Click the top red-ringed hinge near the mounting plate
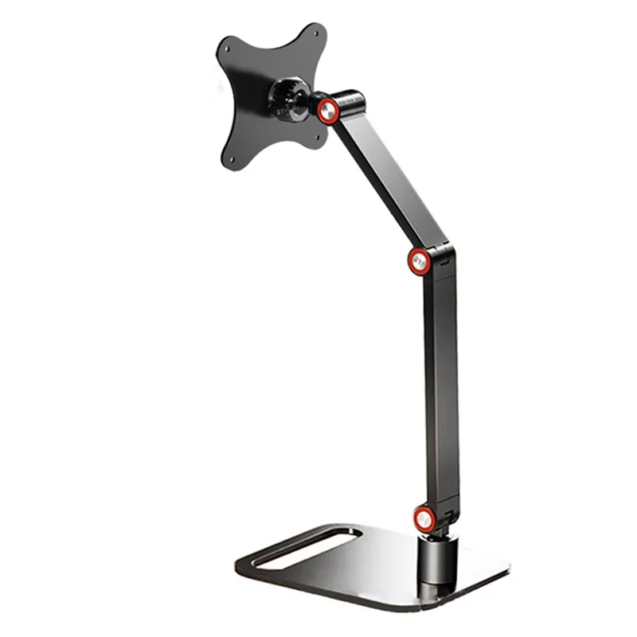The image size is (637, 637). coord(327,111)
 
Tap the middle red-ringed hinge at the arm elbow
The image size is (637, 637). coord(420,260)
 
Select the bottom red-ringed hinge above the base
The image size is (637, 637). coord(424,518)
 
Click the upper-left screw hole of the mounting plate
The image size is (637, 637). coord(227,48)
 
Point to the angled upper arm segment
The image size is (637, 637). coord(382,179)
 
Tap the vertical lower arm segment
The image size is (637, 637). coord(440,382)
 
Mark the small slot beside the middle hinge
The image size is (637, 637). coord(446,256)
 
